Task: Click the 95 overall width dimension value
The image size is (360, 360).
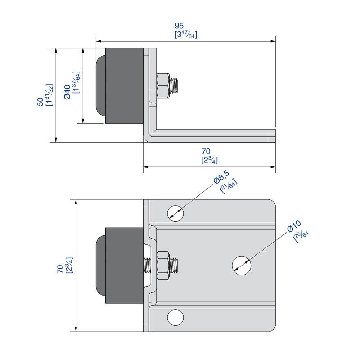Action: (179, 26)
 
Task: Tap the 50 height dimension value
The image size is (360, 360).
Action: (40, 102)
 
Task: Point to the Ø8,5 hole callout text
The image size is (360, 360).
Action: (221, 177)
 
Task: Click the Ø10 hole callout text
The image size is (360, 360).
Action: (294, 226)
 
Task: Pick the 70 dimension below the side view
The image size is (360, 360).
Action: (206, 152)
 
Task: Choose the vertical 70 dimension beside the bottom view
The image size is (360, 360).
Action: (60, 269)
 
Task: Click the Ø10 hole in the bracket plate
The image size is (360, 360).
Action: (241, 265)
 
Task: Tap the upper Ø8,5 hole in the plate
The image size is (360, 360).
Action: (175, 213)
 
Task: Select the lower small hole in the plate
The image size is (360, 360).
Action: (175, 317)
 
